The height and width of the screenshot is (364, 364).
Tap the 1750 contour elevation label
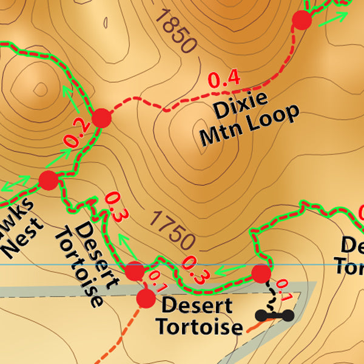point(173,229)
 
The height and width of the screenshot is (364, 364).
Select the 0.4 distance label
point(224,79)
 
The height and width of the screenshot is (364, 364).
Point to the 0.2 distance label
point(77,135)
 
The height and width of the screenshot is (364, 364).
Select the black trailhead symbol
point(274,315)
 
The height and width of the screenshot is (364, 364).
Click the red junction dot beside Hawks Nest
point(48,180)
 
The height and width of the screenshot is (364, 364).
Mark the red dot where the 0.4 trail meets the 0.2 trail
point(101,118)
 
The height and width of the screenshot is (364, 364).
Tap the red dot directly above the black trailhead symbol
point(261,274)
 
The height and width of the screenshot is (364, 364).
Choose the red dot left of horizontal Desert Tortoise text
point(146,298)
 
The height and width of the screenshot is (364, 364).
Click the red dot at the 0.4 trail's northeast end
point(302,21)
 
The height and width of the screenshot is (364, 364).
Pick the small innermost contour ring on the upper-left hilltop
point(40,89)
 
